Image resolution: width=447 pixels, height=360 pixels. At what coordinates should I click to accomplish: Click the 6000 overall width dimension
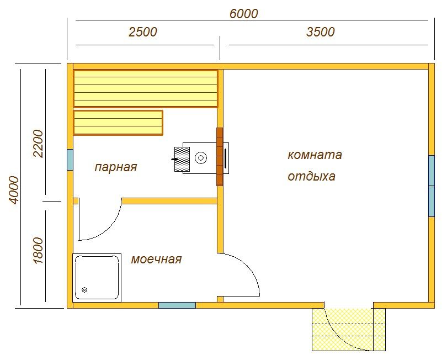pyautogui.click(x=244, y=14)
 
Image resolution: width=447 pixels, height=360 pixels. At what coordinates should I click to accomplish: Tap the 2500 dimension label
pyautogui.click(x=142, y=32)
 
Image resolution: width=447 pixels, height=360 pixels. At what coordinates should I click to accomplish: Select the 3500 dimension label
pyautogui.click(x=321, y=32)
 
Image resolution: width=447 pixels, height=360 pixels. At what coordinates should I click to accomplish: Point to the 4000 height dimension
pyautogui.click(x=13, y=190)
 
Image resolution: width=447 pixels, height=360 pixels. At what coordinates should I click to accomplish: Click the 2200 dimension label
pyautogui.click(x=38, y=144)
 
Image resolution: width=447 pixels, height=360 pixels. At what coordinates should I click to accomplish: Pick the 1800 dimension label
pyautogui.click(x=38, y=251)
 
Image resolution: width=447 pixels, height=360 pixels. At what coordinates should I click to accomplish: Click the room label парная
pyautogui.click(x=116, y=167)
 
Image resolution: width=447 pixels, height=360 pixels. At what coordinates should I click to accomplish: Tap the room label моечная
pyautogui.click(x=156, y=260)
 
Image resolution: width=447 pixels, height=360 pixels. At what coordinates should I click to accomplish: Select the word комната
pyautogui.click(x=315, y=155)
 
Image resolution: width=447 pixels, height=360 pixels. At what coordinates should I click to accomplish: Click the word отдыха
pyautogui.click(x=311, y=177)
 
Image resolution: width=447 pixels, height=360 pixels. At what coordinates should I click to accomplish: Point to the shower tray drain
pyautogui.click(x=84, y=290)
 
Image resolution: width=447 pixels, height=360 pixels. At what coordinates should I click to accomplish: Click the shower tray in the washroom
pyautogui.click(x=97, y=278)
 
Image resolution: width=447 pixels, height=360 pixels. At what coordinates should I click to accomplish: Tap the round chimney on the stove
pyautogui.click(x=201, y=158)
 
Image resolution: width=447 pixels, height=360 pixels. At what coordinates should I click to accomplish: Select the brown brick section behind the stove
pyautogui.click(x=220, y=157)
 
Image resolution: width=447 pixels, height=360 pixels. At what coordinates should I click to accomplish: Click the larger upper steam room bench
pyautogui.click(x=146, y=89)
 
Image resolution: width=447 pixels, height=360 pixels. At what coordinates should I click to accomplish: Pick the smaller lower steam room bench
pyautogui.click(x=118, y=123)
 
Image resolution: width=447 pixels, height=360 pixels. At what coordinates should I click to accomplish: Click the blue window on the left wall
pyautogui.click(x=70, y=160)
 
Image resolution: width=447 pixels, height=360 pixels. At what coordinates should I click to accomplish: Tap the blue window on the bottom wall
pyautogui.click(x=177, y=305)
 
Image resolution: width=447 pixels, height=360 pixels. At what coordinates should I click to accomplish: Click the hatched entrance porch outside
pyautogui.click(x=349, y=330)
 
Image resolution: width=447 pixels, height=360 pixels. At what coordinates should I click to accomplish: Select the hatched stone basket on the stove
pyautogui.click(x=182, y=160)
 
